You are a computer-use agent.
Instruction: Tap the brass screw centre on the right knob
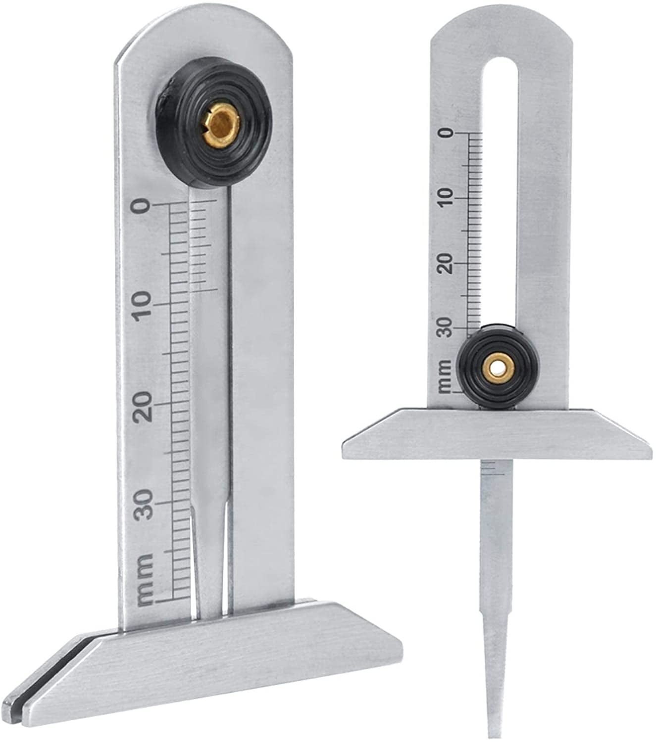tap(497, 367)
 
